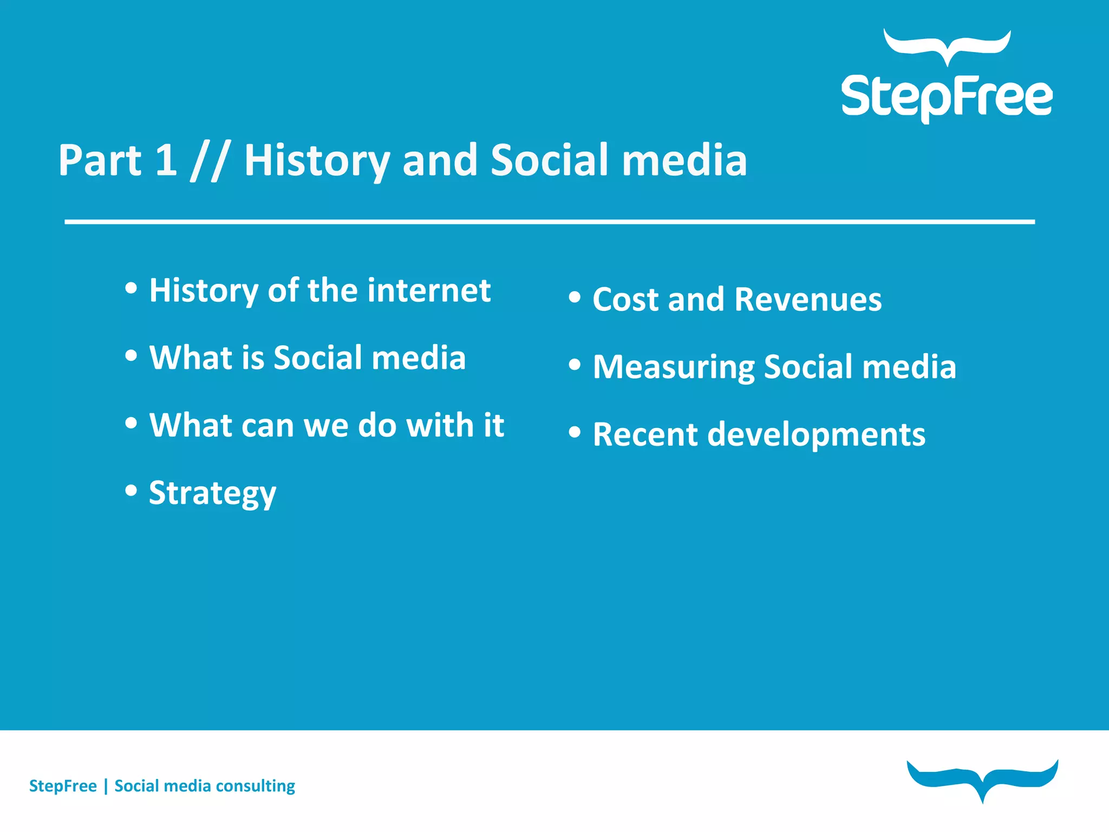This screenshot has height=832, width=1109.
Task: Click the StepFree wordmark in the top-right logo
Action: click(947, 97)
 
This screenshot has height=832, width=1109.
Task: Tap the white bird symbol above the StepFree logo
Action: click(947, 46)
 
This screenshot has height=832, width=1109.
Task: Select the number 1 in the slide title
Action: click(166, 160)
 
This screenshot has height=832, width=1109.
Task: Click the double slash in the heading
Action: click(210, 161)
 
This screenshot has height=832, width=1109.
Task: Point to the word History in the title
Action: click(317, 161)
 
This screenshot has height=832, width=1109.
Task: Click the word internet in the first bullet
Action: click(429, 290)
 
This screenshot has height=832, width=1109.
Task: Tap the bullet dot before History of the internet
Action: click(131, 288)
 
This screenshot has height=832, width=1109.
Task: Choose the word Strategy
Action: click(212, 493)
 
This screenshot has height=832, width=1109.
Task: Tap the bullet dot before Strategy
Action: click(131, 490)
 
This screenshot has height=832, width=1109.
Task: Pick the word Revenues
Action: click(808, 300)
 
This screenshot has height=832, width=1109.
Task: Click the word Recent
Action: click(645, 434)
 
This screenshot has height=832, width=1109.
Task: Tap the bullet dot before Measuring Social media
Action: click(575, 365)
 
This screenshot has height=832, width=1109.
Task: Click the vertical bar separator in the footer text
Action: click(106, 786)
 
